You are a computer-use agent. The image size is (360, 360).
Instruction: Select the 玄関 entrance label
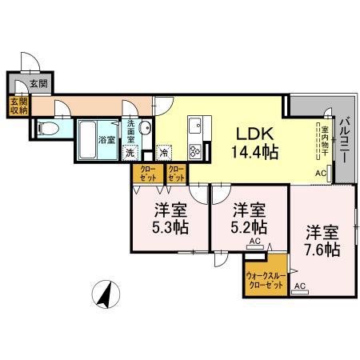[x=37, y=82]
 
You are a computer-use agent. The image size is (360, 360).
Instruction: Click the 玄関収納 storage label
[x=18, y=106]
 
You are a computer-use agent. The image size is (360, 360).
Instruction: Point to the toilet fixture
[x=46, y=128]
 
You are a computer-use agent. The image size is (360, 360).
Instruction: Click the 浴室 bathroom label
[x=105, y=140]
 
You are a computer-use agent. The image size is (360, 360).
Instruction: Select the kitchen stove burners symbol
[x=194, y=150]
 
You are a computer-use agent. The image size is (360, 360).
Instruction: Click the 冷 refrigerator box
[x=164, y=153]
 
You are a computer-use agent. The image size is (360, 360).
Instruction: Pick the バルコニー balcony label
[x=343, y=141]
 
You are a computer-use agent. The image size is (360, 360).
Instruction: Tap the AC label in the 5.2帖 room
[x=255, y=241]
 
